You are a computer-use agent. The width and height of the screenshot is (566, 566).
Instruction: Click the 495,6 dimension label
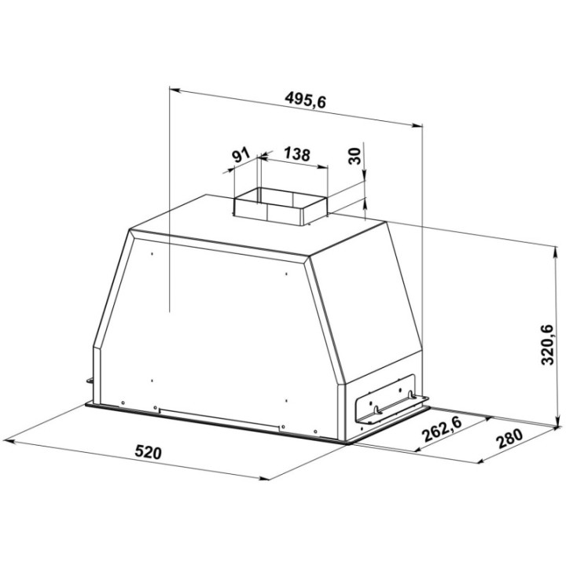tap(305, 100)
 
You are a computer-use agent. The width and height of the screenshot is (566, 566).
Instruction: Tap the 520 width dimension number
tap(148, 452)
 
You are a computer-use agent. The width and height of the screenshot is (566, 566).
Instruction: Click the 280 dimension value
tap(509, 438)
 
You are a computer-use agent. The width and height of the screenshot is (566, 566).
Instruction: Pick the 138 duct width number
tap(296, 154)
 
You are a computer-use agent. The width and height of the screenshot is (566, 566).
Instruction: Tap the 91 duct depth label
tap(241, 155)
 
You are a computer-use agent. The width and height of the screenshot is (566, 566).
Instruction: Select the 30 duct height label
tap(355, 156)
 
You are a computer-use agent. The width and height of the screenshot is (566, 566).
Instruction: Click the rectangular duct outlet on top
tap(281, 207)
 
